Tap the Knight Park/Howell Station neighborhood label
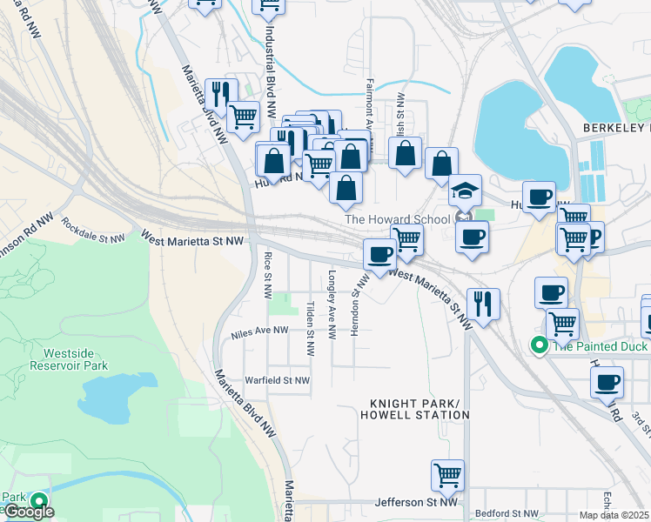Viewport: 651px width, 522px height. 419,409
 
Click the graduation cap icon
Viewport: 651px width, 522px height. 465,191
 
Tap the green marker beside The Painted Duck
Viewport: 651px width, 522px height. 540,345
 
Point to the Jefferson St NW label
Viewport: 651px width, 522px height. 416,502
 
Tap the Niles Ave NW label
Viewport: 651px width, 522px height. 259,331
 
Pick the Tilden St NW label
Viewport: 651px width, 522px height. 309,329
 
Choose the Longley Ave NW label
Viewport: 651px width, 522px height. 332,304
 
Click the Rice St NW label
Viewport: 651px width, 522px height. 267,271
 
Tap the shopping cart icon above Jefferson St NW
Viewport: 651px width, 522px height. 447,475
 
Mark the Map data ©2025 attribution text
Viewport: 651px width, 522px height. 614,515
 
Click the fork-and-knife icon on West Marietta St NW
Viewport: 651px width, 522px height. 482,304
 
